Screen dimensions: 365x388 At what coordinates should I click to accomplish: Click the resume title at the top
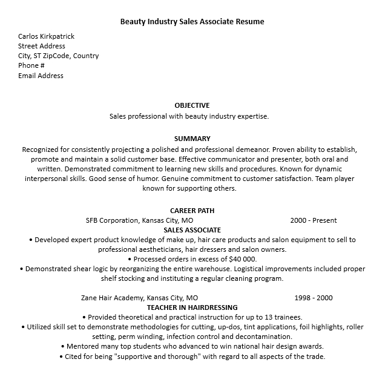point(192,21)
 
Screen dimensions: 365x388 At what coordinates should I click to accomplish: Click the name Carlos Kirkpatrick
point(46,36)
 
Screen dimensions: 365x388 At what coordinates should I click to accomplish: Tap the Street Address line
point(41,46)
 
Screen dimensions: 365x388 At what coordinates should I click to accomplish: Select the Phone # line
point(31,65)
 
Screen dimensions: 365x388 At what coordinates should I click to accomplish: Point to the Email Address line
point(41,76)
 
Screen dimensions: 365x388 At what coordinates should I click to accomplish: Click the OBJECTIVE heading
point(192,105)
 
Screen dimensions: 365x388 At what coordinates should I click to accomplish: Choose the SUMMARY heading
point(192,139)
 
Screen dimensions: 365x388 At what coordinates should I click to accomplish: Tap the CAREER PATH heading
point(192,211)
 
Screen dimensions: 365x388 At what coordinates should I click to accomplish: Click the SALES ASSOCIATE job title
point(192,230)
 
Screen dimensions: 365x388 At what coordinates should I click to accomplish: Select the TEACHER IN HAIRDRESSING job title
point(192,307)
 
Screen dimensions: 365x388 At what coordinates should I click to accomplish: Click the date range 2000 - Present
point(314,220)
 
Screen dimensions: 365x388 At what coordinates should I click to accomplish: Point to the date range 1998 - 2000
point(314,298)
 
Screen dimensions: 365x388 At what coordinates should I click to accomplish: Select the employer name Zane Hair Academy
point(112,298)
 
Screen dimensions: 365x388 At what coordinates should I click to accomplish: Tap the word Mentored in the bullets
point(85,346)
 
